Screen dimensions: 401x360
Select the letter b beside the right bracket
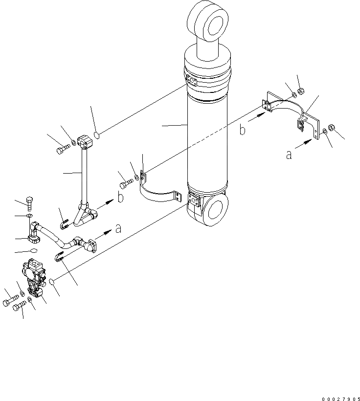pyautogui.click(x=243, y=130)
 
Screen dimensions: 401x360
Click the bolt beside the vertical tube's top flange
pyautogui.click(x=63, y=149)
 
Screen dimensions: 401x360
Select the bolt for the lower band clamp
pyautogui.click(x=125, y=185)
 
